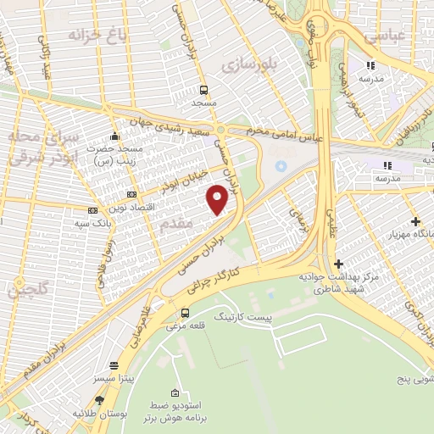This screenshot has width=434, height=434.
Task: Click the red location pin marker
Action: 218,200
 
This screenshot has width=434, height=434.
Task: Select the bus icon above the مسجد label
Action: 204,89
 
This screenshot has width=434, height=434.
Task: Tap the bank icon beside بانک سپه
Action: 93,210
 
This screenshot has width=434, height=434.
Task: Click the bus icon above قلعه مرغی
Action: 185,314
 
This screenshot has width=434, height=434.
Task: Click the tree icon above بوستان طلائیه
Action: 100,400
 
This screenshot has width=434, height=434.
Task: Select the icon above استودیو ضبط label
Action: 175,393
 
